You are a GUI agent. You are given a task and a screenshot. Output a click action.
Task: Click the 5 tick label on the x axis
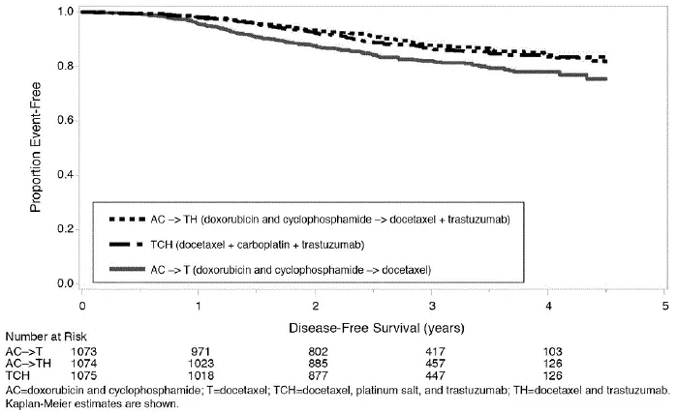coord(664,306)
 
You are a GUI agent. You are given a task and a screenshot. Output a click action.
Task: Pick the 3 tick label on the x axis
coord(432,306)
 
